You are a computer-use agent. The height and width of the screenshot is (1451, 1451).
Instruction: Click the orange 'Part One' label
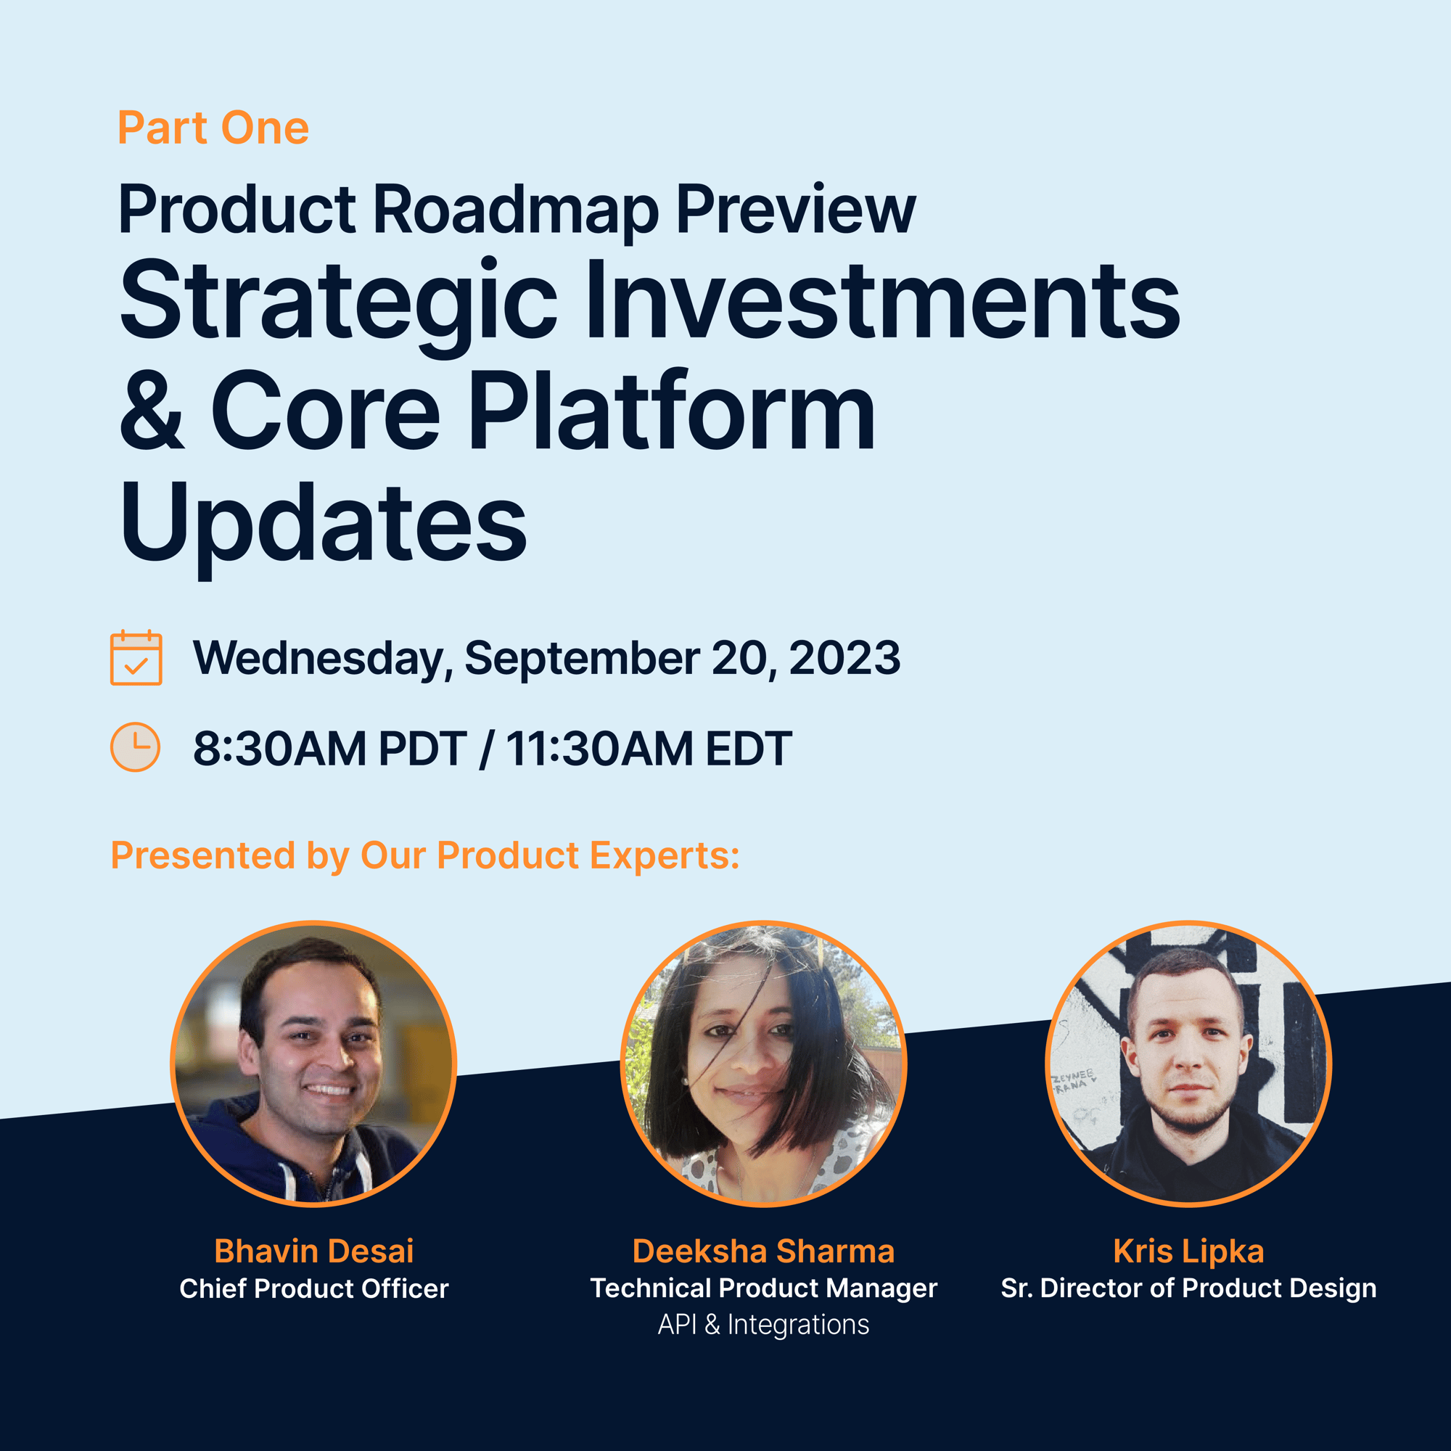(x=213, y=128)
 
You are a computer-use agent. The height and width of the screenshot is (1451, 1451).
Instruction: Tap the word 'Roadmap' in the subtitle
(x=516, y=210)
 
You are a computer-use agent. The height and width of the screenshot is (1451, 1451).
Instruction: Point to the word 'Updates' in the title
(x=323, y=526)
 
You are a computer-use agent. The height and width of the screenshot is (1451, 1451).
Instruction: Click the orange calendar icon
(x=136, y=658)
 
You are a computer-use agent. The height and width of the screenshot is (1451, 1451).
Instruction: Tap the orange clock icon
(x=135, y=747)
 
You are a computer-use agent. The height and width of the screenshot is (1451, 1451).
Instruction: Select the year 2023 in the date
(x=844, y=659)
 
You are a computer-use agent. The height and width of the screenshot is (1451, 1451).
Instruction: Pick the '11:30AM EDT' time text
(x=649, y=749)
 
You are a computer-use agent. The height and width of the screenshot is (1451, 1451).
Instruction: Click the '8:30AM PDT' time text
(x=330, y=749)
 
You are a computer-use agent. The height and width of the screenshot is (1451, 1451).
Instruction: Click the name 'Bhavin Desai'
(x=314, y=1251)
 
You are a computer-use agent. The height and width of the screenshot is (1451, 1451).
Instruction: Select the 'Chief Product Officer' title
(x=314, y=1288)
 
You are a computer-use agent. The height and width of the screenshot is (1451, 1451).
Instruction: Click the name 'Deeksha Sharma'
(x=764, y=1251)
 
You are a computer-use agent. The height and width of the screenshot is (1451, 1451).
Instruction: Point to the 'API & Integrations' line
(x=764, y=1325)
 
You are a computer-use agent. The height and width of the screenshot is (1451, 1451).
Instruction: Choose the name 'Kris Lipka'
(x=1189, y=1251)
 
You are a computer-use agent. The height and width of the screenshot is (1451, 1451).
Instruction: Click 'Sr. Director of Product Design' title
(x=1189, y=1288)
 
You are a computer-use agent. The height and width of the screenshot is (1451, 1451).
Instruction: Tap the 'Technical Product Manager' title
(x=764, y=1288)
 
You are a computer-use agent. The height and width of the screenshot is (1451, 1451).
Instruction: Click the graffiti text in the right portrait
(x=1072, y=1082)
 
